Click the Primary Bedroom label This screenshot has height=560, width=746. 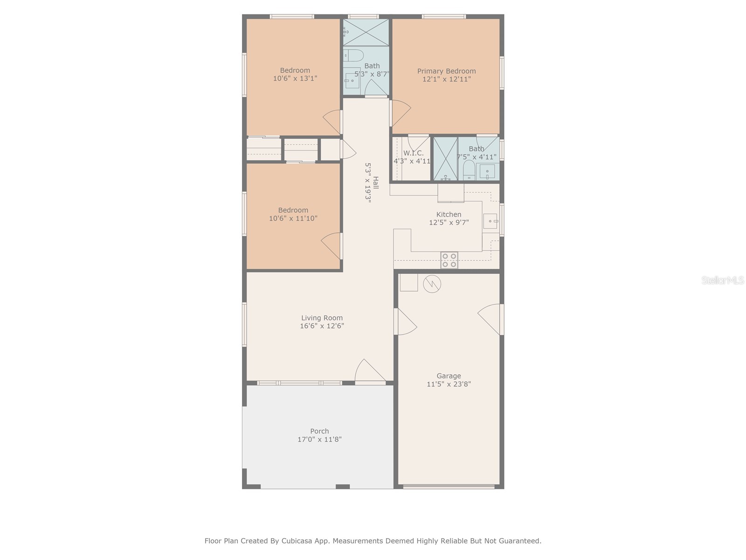[446, 71]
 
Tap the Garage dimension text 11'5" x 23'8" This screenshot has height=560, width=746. [449, 384]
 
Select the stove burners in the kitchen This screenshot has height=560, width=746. [449, 260]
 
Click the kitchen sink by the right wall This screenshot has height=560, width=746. [490, 221]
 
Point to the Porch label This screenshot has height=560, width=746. [319, 431]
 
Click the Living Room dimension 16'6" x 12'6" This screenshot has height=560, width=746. [322, 326]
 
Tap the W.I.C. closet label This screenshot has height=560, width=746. [413, 153]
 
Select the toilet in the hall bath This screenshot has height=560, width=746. [353, 56]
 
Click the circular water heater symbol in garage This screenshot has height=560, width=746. [432, 283]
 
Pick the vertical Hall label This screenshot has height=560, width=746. [375, 183]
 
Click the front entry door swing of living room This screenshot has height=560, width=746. [369, 372]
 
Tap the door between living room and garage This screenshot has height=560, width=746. [405, 322]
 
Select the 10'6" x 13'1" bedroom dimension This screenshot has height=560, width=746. [295, 78]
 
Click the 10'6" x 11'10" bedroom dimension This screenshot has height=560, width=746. [293, 218]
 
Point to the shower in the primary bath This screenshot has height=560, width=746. [445, 159]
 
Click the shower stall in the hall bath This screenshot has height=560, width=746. [366, 32]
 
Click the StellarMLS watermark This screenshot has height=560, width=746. [722, 280]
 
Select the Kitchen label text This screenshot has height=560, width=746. [449, 214]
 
